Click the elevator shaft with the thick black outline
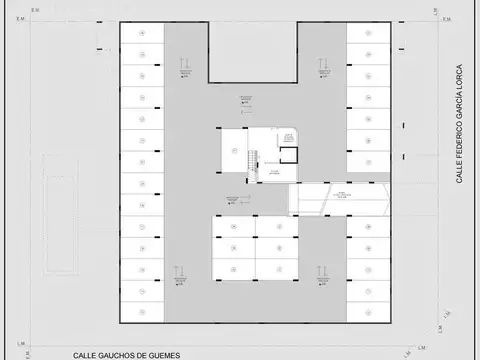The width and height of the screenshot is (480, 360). [288, 156]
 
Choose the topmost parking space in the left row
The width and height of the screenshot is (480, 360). [142, 33]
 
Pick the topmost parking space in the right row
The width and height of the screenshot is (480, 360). [367, 33]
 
